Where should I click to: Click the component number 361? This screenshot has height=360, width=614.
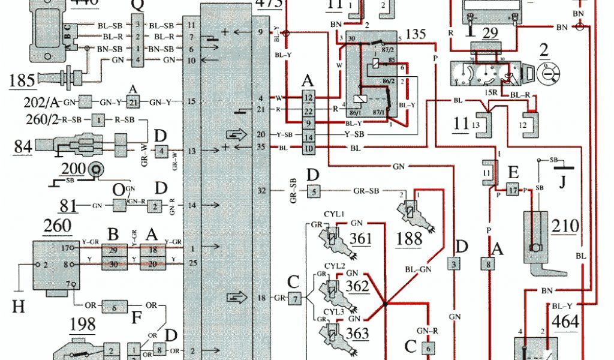[x=362, y=239]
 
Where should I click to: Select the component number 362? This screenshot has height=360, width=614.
[x=357, y=286]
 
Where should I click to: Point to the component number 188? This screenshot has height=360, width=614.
[x=410, y=239]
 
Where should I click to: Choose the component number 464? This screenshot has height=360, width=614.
[x=566, y=322]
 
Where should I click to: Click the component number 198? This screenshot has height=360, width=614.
[x=82, y=325]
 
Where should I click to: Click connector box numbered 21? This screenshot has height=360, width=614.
[x=133, y=102]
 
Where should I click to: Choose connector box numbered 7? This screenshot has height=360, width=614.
[x=295, y=298]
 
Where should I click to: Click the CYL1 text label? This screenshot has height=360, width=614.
[x=334, y=213]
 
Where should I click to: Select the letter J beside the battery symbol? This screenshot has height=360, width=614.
[x=562, y=181]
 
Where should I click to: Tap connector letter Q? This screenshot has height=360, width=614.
[x=137, y=6]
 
